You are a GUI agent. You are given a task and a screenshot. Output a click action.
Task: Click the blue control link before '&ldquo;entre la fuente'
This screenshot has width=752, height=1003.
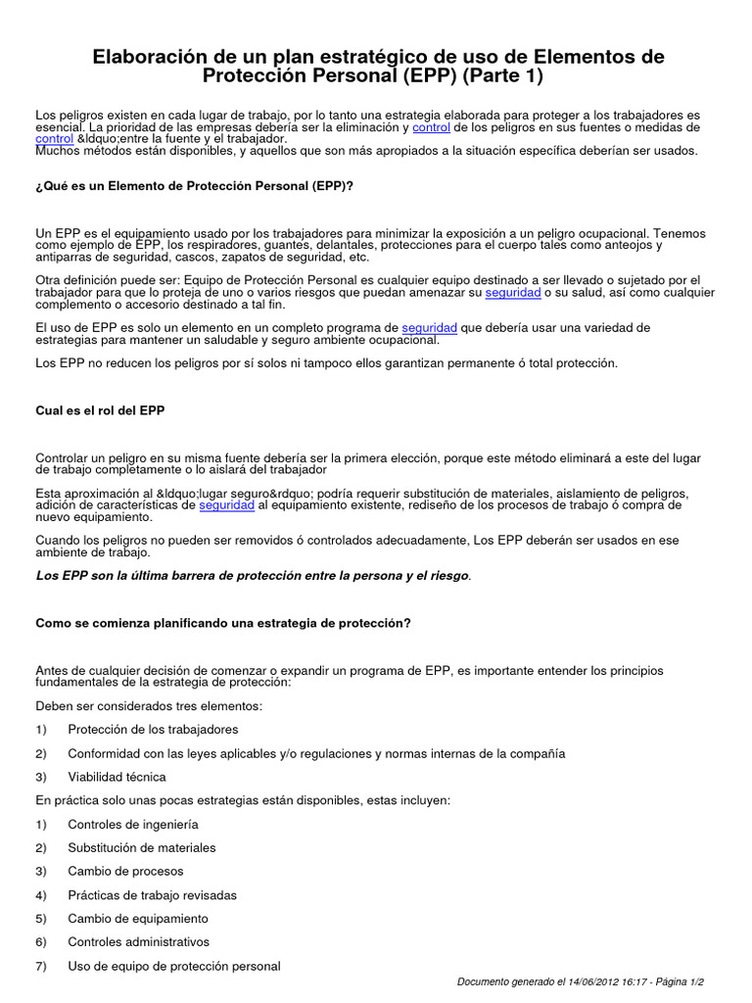pyautogui.click(x=54, y=139)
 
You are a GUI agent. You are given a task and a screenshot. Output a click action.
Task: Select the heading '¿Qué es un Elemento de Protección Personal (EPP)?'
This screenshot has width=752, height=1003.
pyautogui.click(x=195, y=185)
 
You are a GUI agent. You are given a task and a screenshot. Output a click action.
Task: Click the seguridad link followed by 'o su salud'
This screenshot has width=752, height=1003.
pyautogui.click(x=513, y=293)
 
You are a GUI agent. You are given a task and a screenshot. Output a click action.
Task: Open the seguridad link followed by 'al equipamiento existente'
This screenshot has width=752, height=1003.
pyautogui.click(x=227, y=505)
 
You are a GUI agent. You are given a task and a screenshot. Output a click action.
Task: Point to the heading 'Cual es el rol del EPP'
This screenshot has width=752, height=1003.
pyautogui.click(x=100, y=410)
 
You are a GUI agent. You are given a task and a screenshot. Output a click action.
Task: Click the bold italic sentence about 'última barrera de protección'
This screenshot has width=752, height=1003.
pyautogui.click(x=253, y=576)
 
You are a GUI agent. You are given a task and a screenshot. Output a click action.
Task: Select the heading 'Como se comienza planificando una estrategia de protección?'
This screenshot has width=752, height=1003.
pyautogui.click(x=223, y=623)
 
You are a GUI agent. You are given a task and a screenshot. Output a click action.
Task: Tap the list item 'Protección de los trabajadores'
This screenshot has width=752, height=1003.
pyautogui.click(x=153, y=730)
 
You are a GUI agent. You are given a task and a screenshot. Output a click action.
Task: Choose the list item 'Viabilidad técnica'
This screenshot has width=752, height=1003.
pyautogui.click(x=117, y=777)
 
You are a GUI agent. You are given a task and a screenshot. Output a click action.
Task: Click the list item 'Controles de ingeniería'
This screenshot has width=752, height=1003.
pyautogui.click(x=133, y=825)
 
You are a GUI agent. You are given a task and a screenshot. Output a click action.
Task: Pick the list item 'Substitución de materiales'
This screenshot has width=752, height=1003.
pyautogui.click(x=142, y=848)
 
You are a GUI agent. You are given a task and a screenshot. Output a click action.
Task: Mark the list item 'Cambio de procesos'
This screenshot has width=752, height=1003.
pyautogui.click(x=125, y=872)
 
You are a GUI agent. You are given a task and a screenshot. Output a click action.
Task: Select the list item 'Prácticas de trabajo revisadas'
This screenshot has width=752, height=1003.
pyautogui.click(x=152, y=895)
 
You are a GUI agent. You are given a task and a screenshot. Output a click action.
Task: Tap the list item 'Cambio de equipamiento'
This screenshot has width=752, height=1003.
pyautogui.click(x=138, y=919)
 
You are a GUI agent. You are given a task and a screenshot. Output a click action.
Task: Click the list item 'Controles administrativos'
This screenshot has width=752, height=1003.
pyautogui.click(x=139, y=942)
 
